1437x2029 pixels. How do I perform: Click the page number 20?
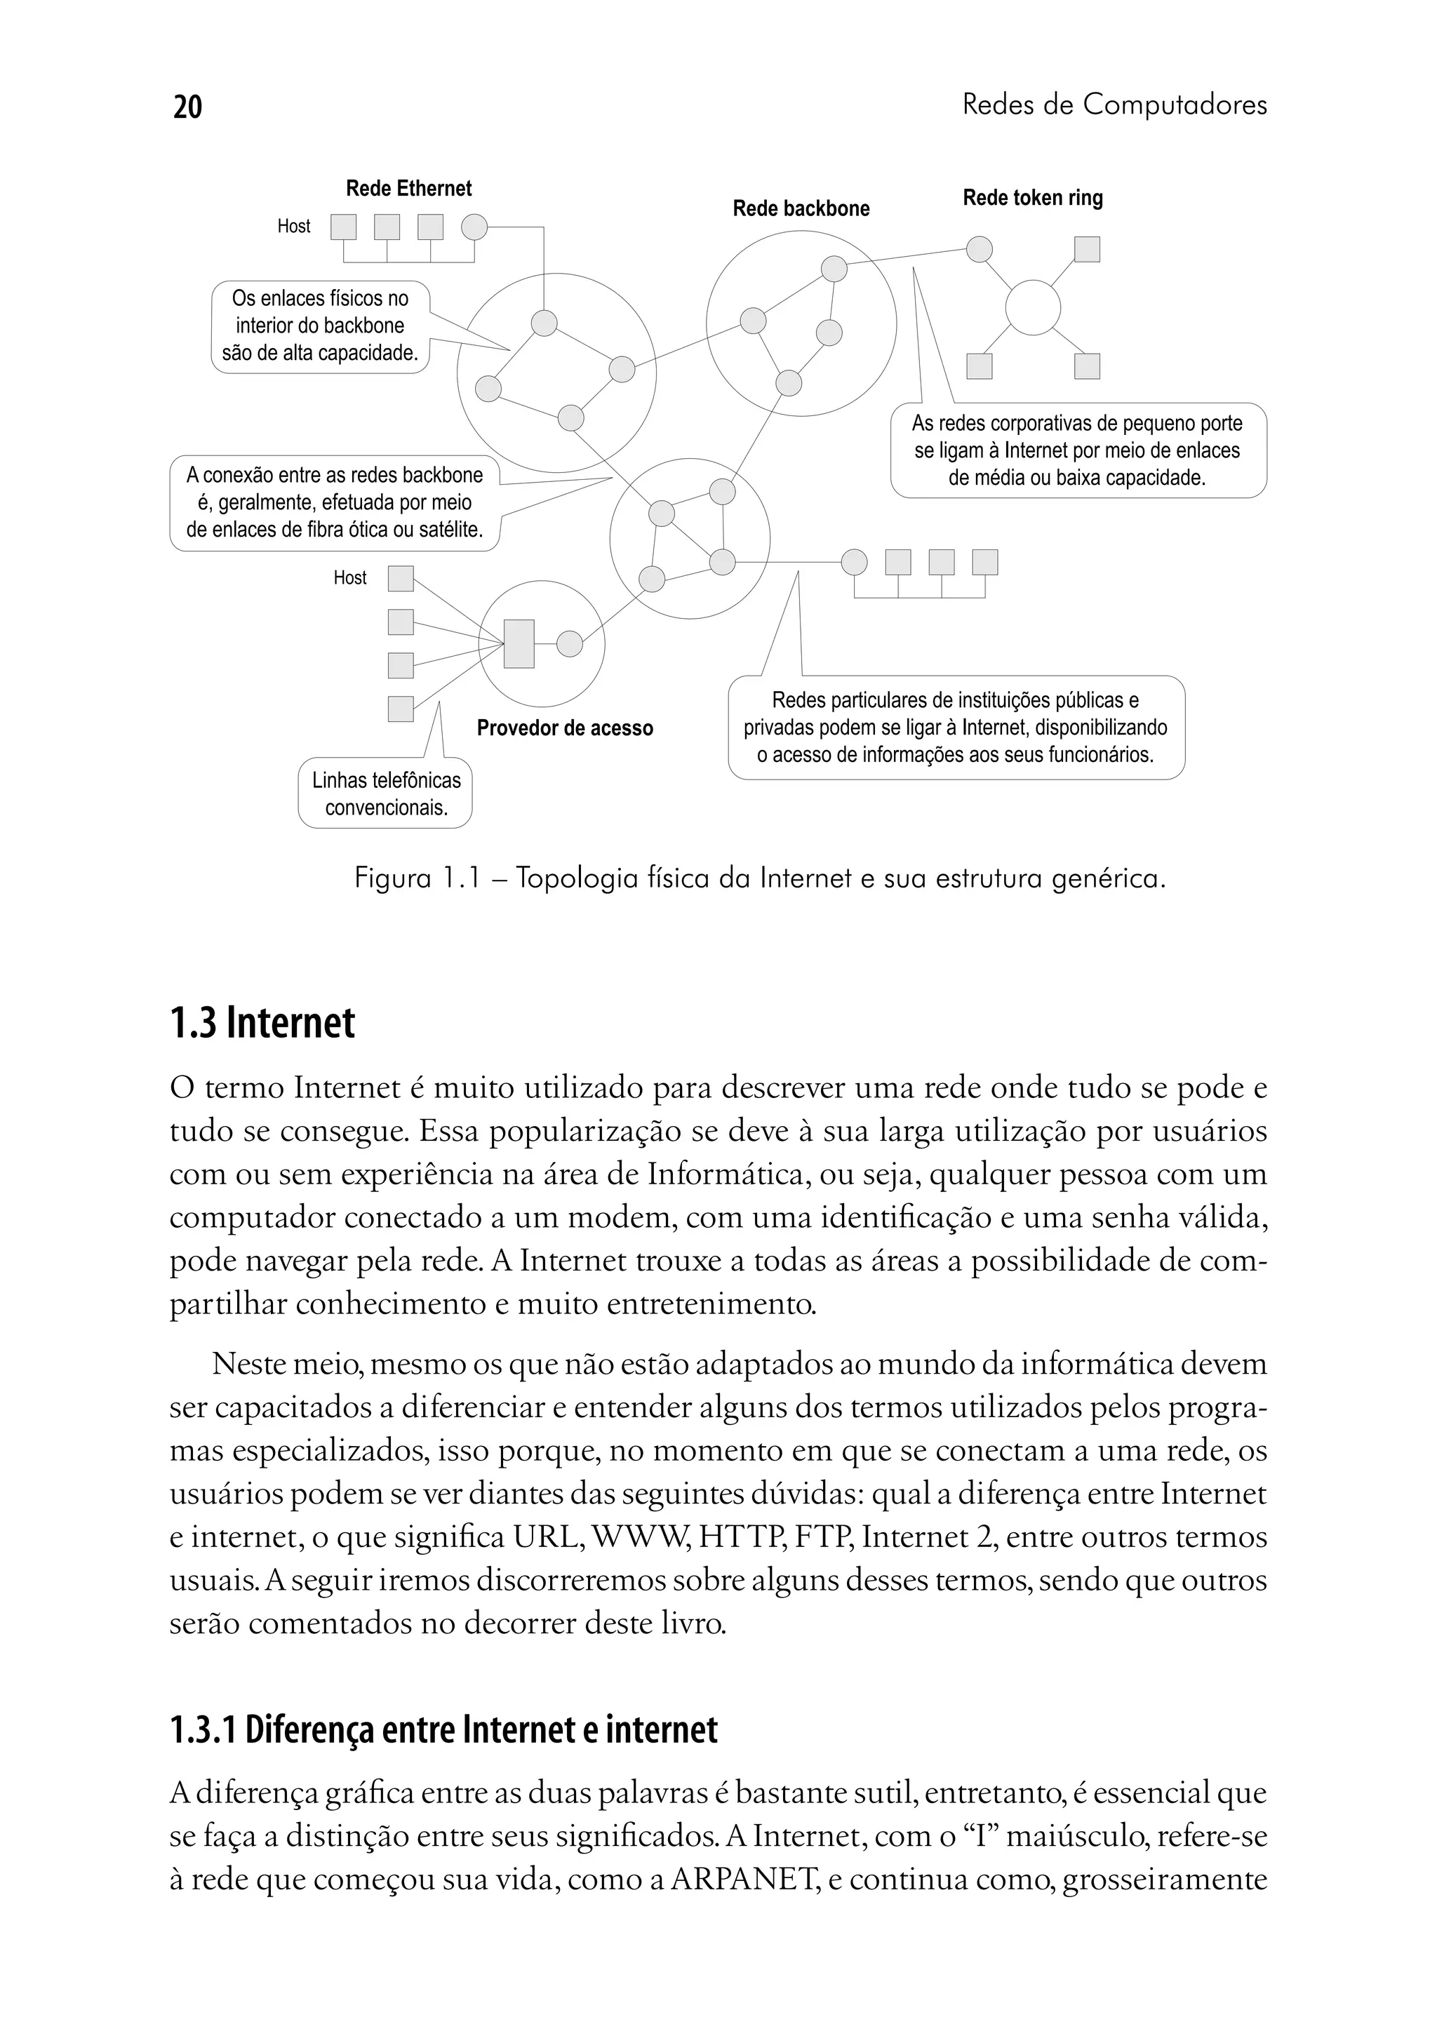(x=187, y=106)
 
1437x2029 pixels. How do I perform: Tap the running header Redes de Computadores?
(x=1114, y=105)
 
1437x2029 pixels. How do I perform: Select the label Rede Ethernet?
(x=409, y=189)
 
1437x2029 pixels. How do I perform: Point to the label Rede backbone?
(x=801, y=209)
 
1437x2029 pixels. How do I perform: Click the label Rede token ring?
(x=1033, y=199)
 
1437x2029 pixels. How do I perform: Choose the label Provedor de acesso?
(x=565, y=728)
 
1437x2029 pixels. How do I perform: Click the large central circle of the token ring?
(x=1033, y=308)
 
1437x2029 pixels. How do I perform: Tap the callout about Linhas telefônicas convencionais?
(x=386, y=793)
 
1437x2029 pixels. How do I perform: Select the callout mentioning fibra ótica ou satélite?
(x=335, y=502)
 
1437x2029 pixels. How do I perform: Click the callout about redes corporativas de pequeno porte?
(x=1078, y=450)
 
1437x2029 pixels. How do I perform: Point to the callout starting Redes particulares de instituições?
(x=956, y=728)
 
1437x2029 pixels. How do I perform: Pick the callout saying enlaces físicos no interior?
(x=321, y=326)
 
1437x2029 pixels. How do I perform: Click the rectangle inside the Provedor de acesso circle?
(x=519, y=643)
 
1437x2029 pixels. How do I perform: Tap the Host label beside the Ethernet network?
(x=294, y=227)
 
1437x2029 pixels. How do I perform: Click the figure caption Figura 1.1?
(x=759, y=878)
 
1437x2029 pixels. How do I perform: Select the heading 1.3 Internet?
(x=263, y=1023)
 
